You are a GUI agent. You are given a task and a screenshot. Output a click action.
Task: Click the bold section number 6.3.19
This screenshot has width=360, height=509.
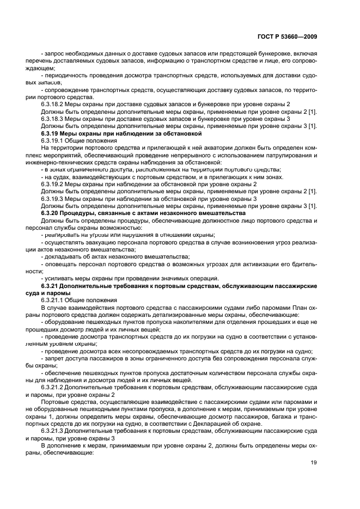coord(51,133)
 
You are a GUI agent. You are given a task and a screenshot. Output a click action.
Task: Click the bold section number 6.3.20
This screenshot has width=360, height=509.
coord(51,213)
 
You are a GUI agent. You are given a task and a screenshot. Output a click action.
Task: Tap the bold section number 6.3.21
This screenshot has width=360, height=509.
coord(51,286)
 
